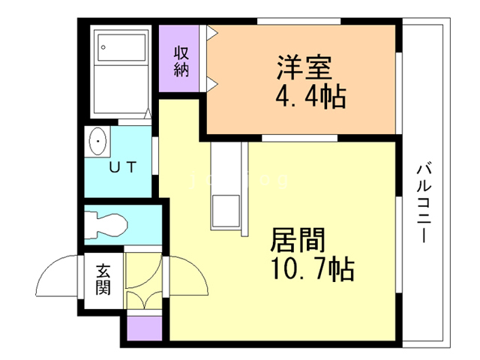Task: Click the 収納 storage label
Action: pyautogui.click(x=181, y=61)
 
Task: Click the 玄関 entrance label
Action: pyautogui.click(x=103, y=280)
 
